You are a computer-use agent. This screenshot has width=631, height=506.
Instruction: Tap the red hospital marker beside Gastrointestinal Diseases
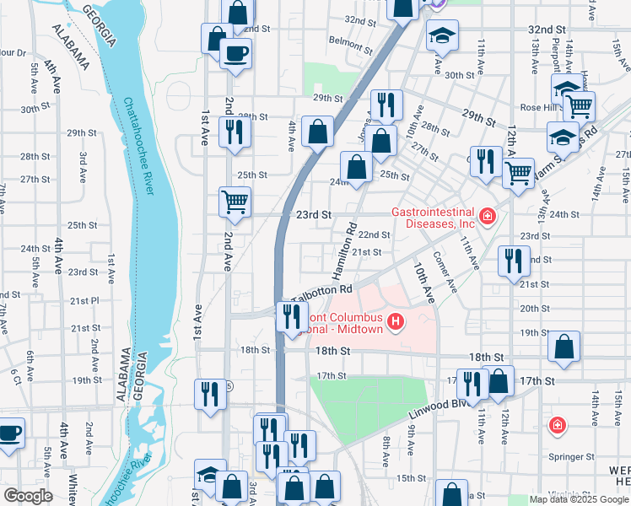pyautogui.click(x=486, y=218)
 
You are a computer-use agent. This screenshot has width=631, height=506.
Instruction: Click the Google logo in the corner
pyautogui.click(x=28, y=496)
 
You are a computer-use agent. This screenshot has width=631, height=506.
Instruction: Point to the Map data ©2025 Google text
pyautogui.click(x=579, y=499)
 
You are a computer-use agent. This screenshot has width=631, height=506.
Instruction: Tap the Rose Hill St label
pyautogui.click(x=541, y=107)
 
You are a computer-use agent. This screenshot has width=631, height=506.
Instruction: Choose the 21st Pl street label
pyautogui.click(x=85, y=300)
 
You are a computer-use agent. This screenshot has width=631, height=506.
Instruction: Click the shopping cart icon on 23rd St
pyautogui.click(x=235, y=202)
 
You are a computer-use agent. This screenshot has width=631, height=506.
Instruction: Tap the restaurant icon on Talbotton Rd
pyautogui.click(x=291, y=316)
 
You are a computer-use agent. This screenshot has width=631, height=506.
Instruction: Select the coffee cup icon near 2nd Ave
pyautogui.click(x=235, y=54)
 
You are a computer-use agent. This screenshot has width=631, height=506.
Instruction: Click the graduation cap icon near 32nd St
pyautogui.click(x=440, y=36)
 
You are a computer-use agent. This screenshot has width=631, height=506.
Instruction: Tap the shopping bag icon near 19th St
pyautogui.click(x=564, y=346)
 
